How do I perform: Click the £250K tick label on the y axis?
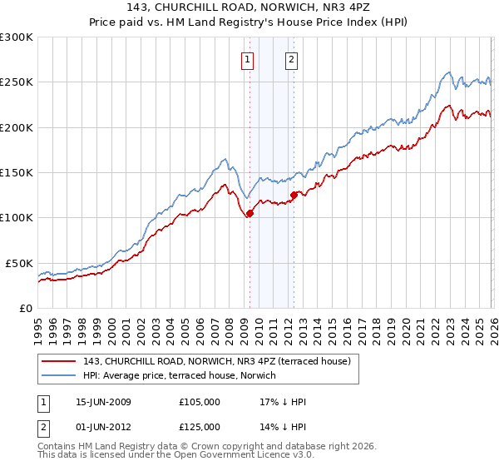coord(17,82)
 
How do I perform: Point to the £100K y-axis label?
coord(17,217)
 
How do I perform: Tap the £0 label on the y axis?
coord(26,308)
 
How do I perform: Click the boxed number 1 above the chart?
coord(249,59)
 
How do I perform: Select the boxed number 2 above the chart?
coord(292,59)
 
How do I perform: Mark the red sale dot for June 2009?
coord(250,213)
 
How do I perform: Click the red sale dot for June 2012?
coord(294,195)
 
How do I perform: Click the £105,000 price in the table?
coord(200,402)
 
